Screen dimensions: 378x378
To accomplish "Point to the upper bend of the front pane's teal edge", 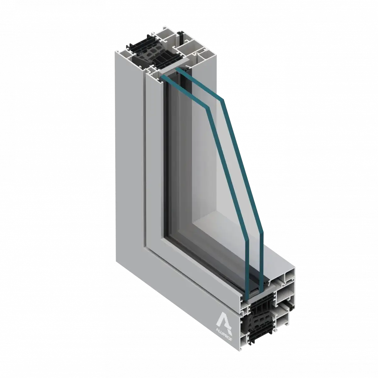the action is [208, 108].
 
